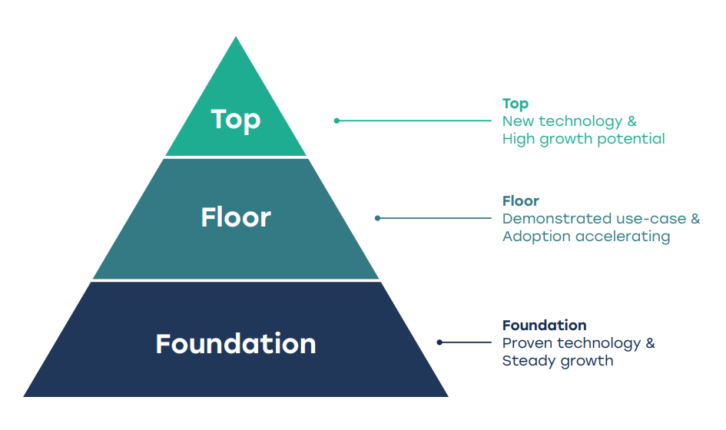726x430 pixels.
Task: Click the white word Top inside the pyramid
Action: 236,120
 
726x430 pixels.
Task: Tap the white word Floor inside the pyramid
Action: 236,217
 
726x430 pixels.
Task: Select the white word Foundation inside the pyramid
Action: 236,344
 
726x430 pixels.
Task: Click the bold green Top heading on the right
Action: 515,104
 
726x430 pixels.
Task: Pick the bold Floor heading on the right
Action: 521,201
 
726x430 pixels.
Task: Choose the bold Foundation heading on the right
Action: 545,326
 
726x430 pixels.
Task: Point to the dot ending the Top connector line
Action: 336,121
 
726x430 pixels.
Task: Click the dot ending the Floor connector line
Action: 377,218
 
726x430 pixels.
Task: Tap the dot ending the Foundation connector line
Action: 439,342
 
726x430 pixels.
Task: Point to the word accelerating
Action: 623,237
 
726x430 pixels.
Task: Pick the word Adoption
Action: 537,237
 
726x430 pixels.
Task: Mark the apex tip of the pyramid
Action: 236,37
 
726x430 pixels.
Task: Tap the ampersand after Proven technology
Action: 651,343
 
